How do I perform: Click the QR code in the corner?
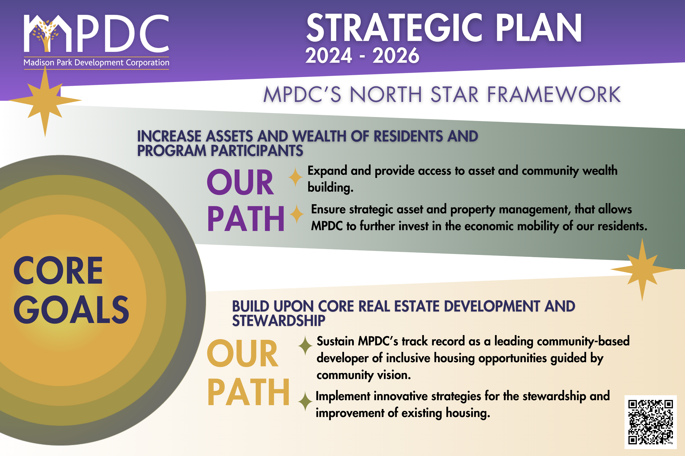coord(650,422)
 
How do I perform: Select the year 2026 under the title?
coord(396,56)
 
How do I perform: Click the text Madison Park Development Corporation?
coord(96,63)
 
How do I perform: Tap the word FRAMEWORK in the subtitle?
coord(554,95)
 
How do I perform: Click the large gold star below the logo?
coord(45,101)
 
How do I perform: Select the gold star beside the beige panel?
coord(642,270)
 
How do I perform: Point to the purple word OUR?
coord(240,182)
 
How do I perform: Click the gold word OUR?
coord(242,353)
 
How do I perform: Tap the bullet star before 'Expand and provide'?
coord(295,177)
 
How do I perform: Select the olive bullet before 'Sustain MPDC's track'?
coord(305,346)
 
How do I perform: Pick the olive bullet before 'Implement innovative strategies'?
coord(305,401)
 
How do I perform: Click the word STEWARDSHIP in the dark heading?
coord(279,320)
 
